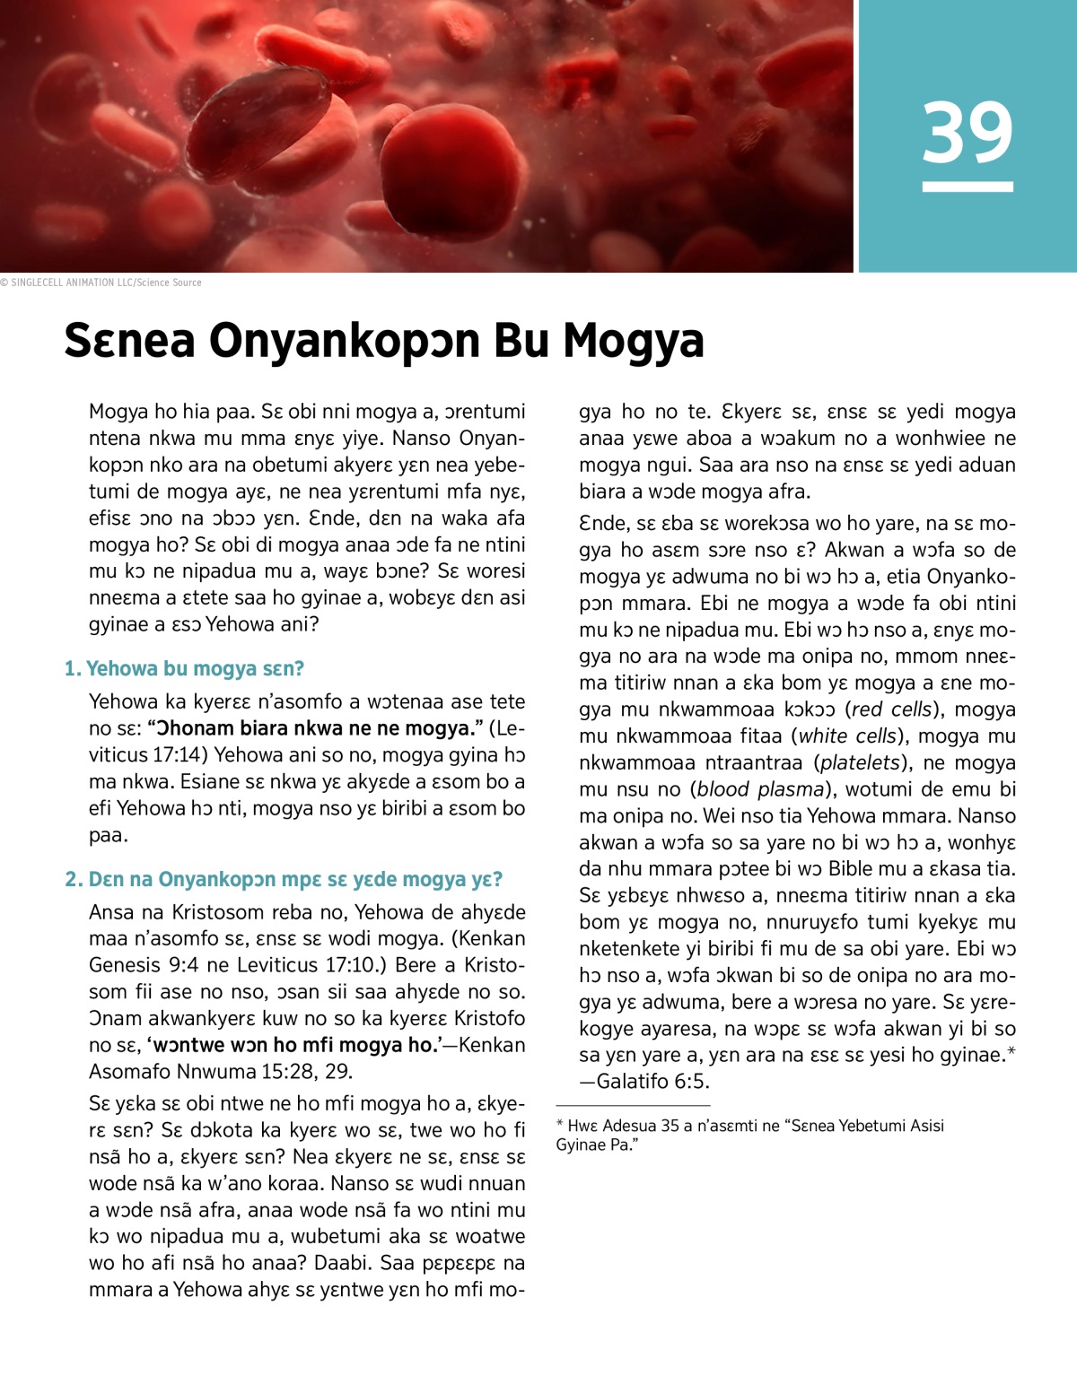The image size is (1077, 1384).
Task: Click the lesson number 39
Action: point(967,132)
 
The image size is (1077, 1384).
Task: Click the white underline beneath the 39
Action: point(967,187)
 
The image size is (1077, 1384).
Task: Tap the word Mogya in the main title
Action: point(633,342)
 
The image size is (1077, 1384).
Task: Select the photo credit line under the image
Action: point(101,283)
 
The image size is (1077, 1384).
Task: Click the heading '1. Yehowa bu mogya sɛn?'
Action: point(184,669)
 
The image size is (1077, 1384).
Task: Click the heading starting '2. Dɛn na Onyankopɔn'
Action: point(284,879)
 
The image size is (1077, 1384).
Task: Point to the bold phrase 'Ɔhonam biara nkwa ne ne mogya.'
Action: point(314,728)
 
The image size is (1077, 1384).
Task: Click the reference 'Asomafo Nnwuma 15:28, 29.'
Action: point(220,1072)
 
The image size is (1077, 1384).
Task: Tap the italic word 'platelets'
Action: point(860,763)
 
